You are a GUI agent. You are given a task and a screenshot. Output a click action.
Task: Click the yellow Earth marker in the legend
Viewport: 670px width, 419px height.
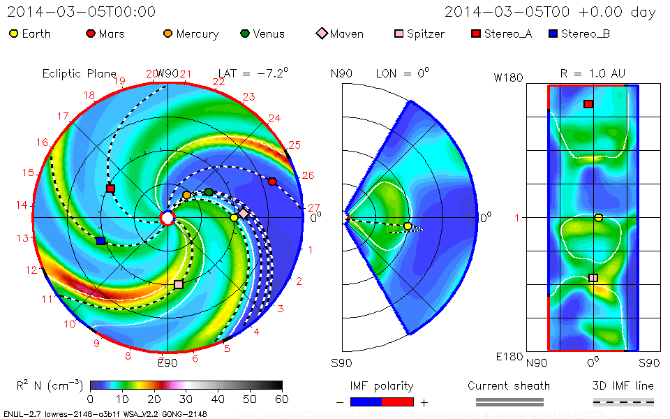coord(14,34)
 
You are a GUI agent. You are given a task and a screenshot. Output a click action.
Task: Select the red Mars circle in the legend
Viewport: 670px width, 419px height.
coord(91,34)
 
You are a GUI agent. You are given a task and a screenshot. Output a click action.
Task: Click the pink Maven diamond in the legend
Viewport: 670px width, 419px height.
coord(322,34)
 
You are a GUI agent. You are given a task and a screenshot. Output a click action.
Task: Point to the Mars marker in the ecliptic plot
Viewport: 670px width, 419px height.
coord(272,182)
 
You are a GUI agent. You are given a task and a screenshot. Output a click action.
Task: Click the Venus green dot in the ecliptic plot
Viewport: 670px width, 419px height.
coord(209,192)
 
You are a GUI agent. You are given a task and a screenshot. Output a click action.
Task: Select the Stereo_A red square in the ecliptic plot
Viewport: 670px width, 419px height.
coord(110,189)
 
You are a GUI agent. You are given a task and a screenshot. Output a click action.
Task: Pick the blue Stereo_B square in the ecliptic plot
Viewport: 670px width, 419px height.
coord(100,241)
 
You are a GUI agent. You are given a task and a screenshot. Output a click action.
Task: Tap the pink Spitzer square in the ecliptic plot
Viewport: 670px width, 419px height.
coord(179,284)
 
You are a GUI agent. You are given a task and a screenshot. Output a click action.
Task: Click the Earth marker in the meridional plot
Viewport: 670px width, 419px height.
coord(408,226)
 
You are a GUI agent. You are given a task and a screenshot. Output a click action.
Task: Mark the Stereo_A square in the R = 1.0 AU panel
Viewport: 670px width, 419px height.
coord(588,104)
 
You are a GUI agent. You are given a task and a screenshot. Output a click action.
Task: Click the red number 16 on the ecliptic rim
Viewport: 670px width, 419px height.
coord(43,142)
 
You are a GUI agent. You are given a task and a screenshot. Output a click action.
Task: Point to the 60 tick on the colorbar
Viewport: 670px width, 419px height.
coord(282,399)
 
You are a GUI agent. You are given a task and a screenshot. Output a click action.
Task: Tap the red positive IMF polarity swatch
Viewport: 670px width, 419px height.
coord(398,402)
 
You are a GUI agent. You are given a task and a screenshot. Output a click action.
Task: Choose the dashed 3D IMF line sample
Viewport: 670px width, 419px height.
coord(623,402)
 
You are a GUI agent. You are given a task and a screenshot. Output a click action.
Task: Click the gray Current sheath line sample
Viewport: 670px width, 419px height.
coord(509,402)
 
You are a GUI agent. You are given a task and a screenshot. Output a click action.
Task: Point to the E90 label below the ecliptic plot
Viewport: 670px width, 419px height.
coord(167,362)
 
